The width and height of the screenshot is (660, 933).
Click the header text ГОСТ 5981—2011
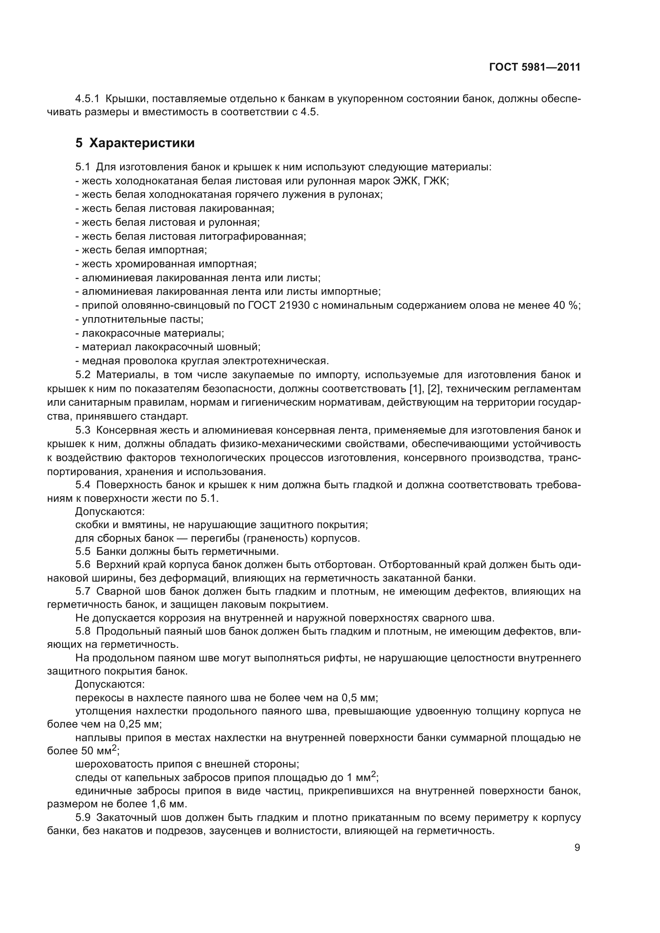534,67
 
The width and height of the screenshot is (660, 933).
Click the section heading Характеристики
142,143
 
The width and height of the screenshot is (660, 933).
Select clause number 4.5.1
87,99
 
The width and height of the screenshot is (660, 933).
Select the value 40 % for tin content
566,306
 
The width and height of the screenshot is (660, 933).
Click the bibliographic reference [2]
435,389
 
